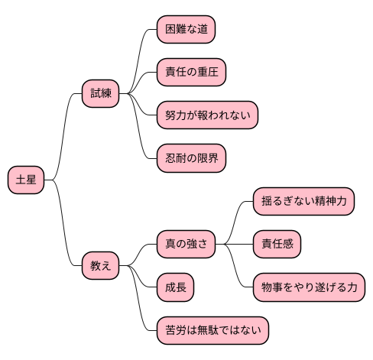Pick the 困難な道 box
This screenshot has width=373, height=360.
pyautogui.click(x=185, y=30)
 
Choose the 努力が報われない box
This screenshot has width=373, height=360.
pyautogui.click(x=207, y=115)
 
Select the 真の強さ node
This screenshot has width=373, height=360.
pyautogui.click(x=185, y=245)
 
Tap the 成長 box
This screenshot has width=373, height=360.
pyautogui.click(x=174, y=287)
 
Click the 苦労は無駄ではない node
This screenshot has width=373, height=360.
pyautogui.click(x=212, y=330)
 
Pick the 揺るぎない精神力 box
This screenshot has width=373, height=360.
pyautogui.click(x=303, y=202)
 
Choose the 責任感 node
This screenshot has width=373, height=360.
pyautogui.click(x=277, y=245)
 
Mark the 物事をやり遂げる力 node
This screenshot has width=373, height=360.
pyautogui.click(x=309, y=287)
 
